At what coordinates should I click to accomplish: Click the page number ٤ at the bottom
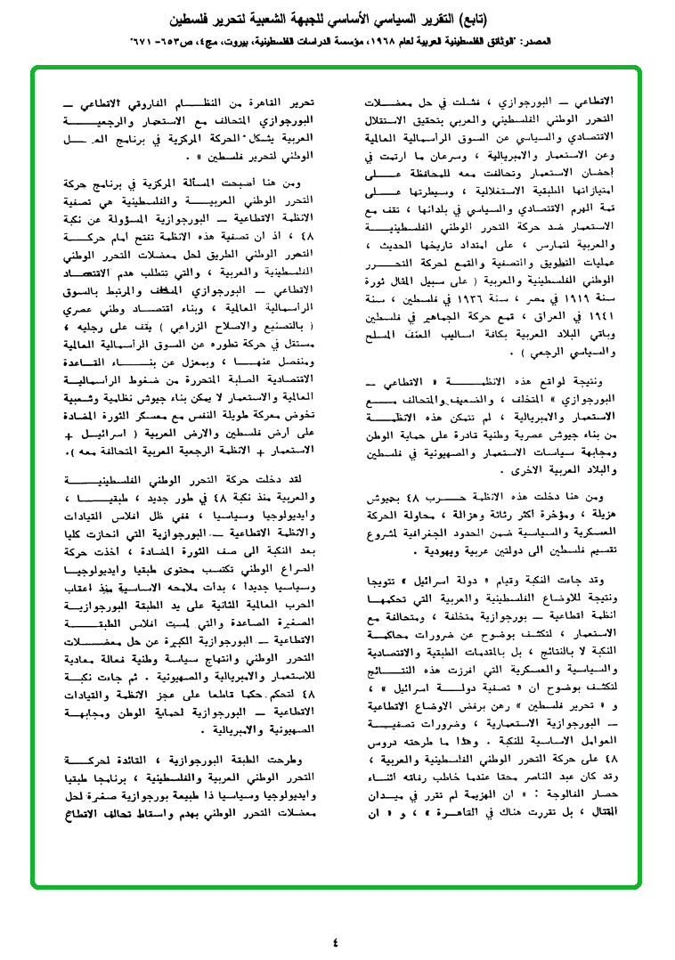pyautogui.click(x=336, y=941)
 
